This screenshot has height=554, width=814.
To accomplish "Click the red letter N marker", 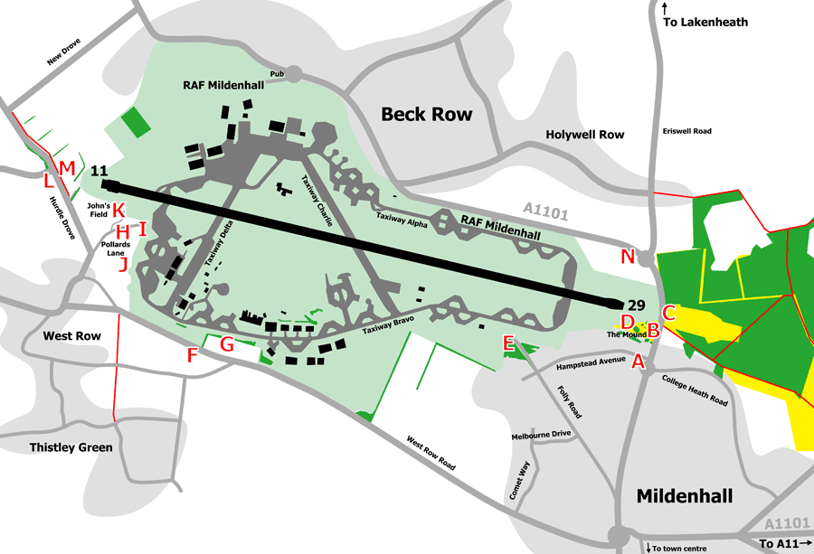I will (x=628, y=257).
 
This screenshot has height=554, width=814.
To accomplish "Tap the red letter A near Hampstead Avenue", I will (x=638, y=362).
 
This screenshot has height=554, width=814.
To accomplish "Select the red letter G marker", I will (x=227, y=343).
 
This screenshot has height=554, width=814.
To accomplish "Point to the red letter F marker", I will (x=192, y=355).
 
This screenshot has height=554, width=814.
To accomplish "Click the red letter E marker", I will (x=508, y=343).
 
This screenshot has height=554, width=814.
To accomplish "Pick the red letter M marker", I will (x=65, y=168).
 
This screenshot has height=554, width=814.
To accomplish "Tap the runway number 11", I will (x=99, y=171).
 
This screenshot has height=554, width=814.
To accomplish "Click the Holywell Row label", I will (x=585, y=135).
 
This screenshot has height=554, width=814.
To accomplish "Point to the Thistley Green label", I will (x=71, y=447).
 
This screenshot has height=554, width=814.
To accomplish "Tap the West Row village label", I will (x=72, y=335).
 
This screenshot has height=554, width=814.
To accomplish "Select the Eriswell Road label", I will (x=686, y=131).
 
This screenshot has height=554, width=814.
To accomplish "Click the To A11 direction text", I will (x=780, y=543).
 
